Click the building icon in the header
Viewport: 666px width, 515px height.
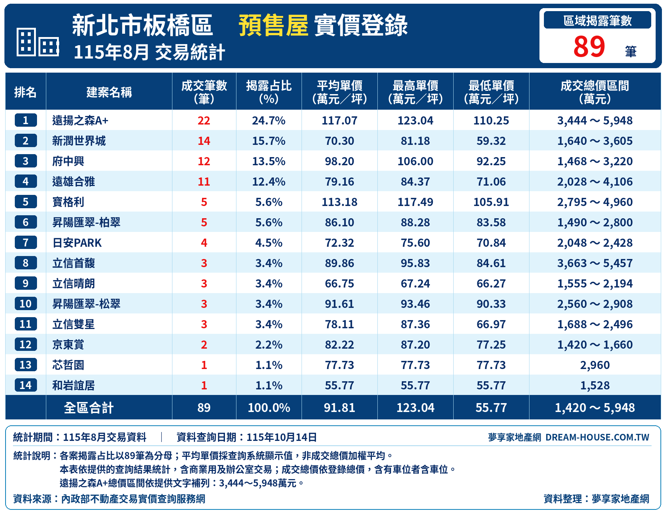38,42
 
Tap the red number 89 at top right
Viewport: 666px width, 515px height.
589,47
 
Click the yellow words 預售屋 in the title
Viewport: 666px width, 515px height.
273,26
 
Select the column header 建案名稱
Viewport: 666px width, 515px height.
109,92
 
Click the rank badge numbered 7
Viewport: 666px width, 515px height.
26,243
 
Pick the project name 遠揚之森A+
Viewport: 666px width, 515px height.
80,120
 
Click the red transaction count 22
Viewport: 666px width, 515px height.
204,120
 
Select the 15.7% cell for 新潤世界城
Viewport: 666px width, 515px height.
269,141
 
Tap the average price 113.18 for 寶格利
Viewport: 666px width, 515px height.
340,202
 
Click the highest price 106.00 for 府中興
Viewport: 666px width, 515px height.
416,161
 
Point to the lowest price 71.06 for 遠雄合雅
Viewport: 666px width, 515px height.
491,182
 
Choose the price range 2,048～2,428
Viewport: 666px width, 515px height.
595,243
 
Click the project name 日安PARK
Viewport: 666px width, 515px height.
77,243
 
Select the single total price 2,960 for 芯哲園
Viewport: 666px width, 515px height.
595,365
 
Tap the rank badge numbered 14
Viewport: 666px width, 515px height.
26,385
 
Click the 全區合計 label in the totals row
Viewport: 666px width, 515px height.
89,408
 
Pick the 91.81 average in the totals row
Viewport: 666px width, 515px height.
340,408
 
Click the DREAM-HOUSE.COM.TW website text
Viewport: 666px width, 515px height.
597,437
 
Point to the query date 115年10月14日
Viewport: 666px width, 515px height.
282,437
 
